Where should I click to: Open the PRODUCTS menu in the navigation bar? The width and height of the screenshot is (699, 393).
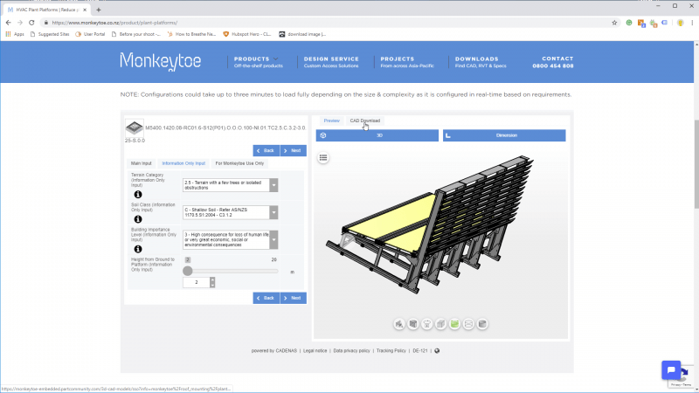(258, 59)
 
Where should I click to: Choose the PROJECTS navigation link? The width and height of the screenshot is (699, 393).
(398, 59)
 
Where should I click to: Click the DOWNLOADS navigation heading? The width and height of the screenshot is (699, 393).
(477, 59)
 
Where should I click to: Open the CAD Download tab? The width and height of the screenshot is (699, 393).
(365, 121)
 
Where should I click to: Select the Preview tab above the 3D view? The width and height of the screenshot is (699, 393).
(331, 121)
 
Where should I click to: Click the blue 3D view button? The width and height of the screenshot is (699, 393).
(377, 135)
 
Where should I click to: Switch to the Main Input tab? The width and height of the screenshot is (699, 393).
(142, 163)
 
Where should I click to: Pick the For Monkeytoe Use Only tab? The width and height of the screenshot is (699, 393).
(240, 163)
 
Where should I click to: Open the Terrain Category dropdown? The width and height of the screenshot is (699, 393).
(231, 184)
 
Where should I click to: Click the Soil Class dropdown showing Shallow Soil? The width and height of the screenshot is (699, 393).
(231, 212)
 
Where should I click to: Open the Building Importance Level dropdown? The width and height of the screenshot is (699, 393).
(231, 239)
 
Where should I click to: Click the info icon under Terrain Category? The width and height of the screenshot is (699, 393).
(138, 195)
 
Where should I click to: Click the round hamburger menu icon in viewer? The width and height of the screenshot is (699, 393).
(323, 158)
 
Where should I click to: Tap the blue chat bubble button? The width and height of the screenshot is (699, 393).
(671, 369)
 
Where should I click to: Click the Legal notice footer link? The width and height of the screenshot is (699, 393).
(315, 350)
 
